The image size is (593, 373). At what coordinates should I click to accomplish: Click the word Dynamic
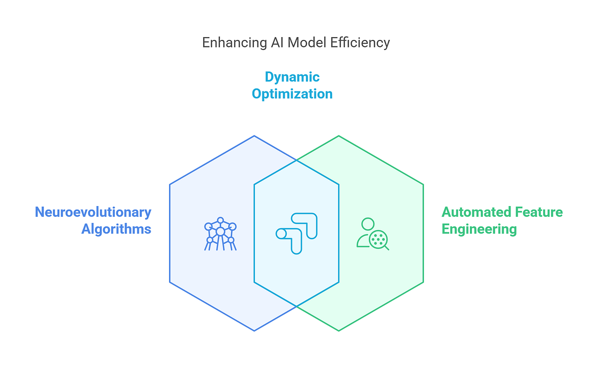tap(292, 77)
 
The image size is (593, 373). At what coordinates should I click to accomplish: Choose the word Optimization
tap(292, 94)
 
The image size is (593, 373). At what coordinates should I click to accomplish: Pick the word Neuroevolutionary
tap(93, 212)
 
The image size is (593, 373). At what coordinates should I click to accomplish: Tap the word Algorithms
tap(116, 229)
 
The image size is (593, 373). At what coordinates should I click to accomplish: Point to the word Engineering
tap(479, 229)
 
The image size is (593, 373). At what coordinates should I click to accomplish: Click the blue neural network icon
tap(220, 233)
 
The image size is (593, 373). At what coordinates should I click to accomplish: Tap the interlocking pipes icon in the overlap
tap(296, 233)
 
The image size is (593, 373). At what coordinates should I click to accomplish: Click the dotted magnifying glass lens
tap(379, 239)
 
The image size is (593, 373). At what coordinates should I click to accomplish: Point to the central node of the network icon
tap(220, 231)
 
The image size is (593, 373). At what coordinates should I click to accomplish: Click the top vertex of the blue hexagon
tap(254, 136)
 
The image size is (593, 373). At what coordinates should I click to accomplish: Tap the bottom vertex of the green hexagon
tap(339, 331)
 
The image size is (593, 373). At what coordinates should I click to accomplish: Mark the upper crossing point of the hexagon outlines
tap(296, 160)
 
